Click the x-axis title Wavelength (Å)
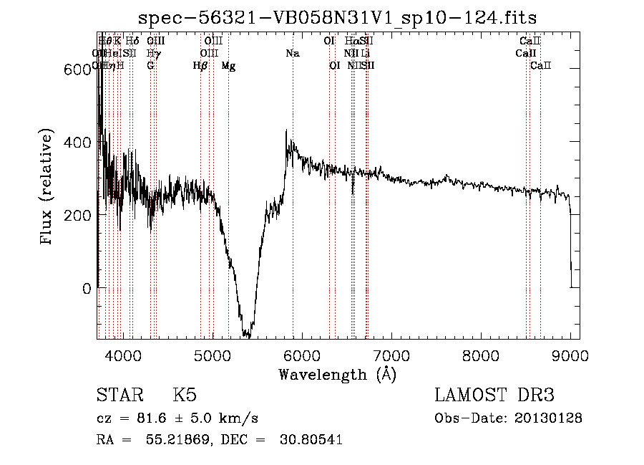pos(337,374)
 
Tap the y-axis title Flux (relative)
pos(47,188)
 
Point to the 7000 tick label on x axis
pos(391,354)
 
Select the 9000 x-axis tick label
pos(570,354)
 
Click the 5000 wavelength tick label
pos(212,354)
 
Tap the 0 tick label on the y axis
pos(87,289)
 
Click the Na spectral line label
pos(292,53)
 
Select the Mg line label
pos(228,66)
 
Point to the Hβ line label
pos(200,66)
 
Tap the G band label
pos(150,66)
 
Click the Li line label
pos(366,53)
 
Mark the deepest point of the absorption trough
pos(247,335)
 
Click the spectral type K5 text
pos(185,396)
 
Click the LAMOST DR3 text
pos(494,396)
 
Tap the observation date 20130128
pos(549,418)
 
